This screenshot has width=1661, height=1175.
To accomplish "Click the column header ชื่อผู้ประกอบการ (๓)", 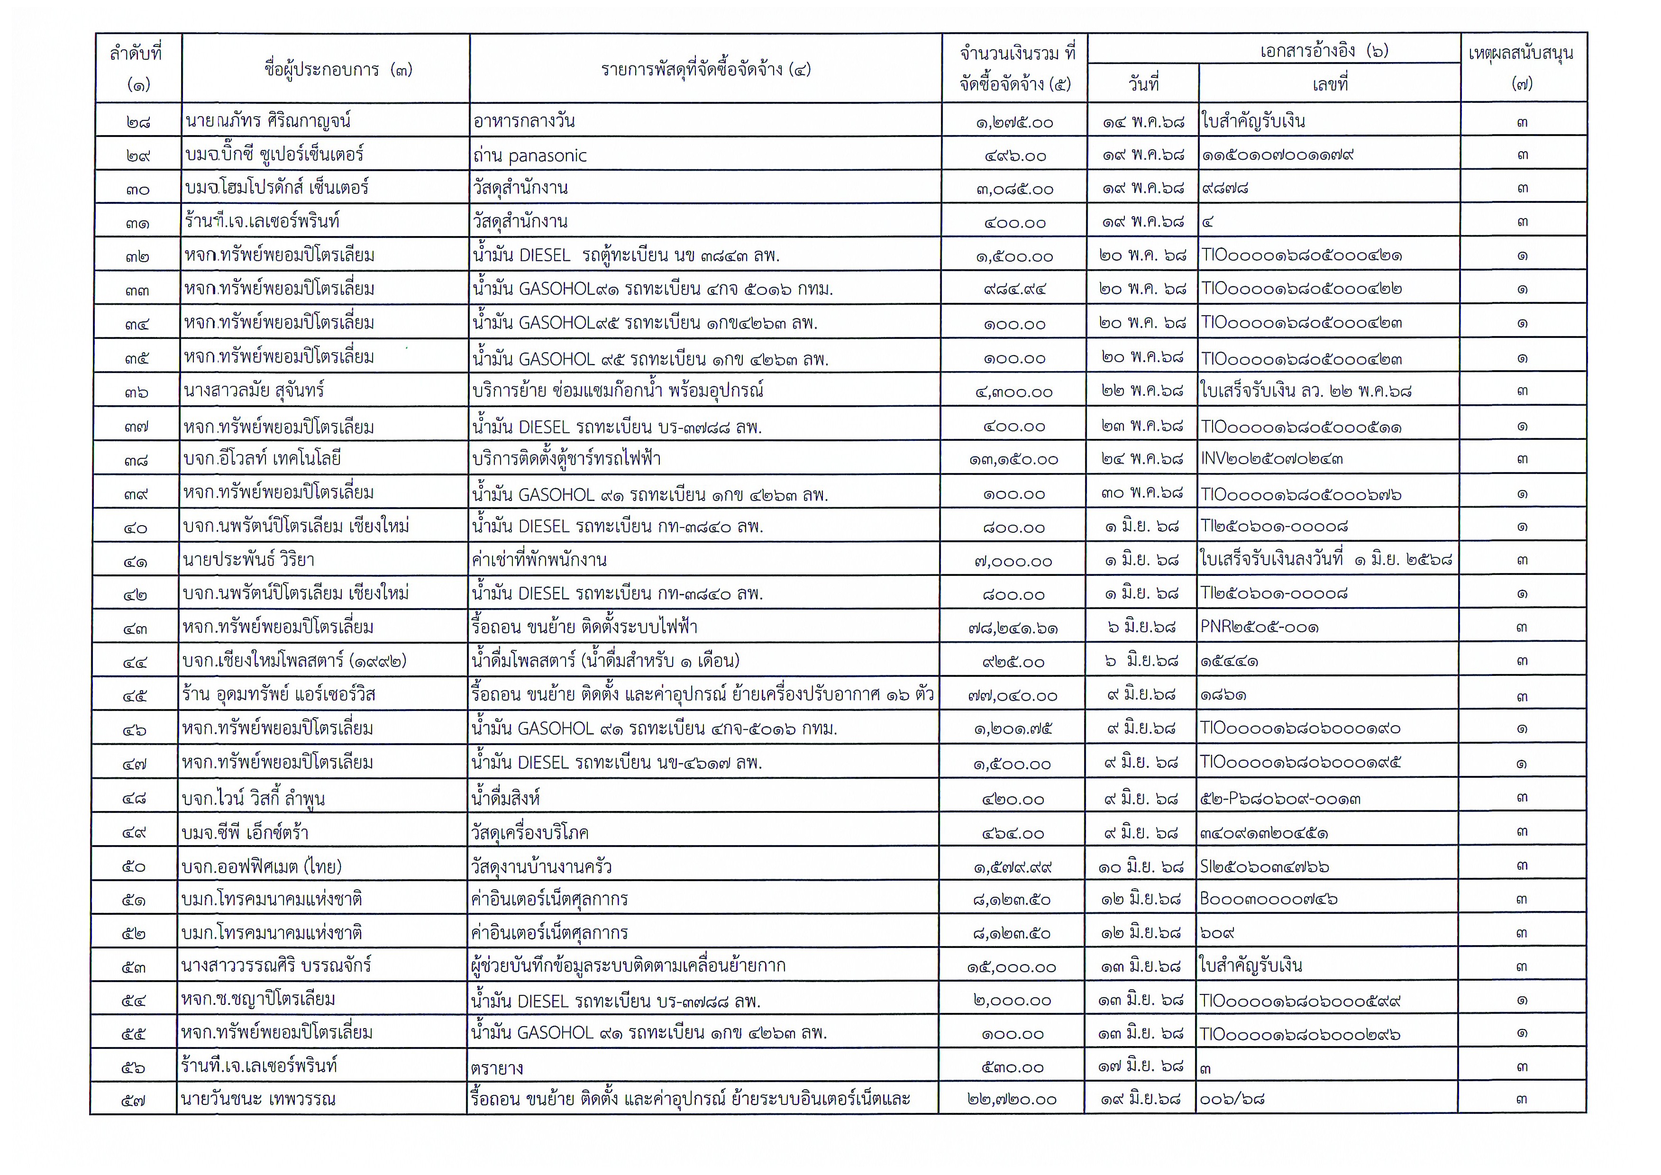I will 338,70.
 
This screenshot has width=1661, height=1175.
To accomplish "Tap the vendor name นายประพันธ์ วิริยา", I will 249,560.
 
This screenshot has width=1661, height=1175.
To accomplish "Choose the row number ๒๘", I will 138,121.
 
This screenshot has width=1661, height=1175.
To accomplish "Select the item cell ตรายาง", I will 496,1068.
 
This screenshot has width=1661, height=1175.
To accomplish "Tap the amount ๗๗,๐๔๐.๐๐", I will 1013,696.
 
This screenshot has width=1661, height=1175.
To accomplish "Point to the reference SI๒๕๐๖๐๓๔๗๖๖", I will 1264,866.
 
